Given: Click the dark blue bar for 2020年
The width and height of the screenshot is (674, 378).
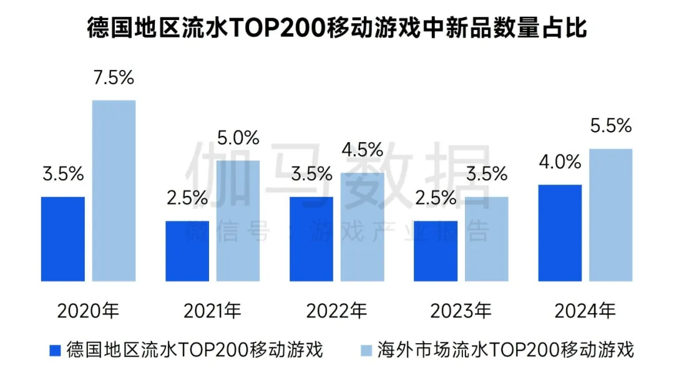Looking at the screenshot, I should (x=63, y=238).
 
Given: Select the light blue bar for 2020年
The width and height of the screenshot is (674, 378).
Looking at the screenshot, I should (x=114, y=190).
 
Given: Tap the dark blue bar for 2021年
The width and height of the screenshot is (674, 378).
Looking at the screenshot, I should (x=187, y=251).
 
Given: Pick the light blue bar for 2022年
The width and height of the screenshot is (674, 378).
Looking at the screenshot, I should (x=363, y=226).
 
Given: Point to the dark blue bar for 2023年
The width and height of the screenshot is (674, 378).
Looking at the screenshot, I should (x=436, y=251).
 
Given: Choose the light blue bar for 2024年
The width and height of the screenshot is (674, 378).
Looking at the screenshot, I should (x=611, y=215).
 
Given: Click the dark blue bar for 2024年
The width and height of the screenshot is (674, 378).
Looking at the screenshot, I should (x=560, y=233).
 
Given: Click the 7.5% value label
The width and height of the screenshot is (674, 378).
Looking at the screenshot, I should (x=114, y=78).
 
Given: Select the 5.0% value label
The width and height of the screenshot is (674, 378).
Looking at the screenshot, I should (x=238, y=138).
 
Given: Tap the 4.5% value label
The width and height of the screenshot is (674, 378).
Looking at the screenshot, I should (x=363, y=150).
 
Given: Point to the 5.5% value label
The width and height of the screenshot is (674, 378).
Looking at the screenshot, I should (x=611, y=126).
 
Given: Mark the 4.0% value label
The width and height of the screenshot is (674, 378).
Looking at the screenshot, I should (x=560, y=162).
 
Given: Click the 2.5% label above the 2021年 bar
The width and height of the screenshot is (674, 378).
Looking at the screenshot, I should (x=187, y=198).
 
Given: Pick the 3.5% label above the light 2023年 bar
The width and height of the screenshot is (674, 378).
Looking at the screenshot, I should (x=487, y=174).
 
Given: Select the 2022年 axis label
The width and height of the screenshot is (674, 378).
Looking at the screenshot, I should (x=337, y=310).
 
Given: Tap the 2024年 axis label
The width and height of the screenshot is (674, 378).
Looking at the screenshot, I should (x=586, y=310).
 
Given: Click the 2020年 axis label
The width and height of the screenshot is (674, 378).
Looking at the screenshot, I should (x=88, y=310).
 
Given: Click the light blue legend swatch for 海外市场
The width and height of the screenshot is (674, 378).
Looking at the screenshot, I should (x=366, y=351).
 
